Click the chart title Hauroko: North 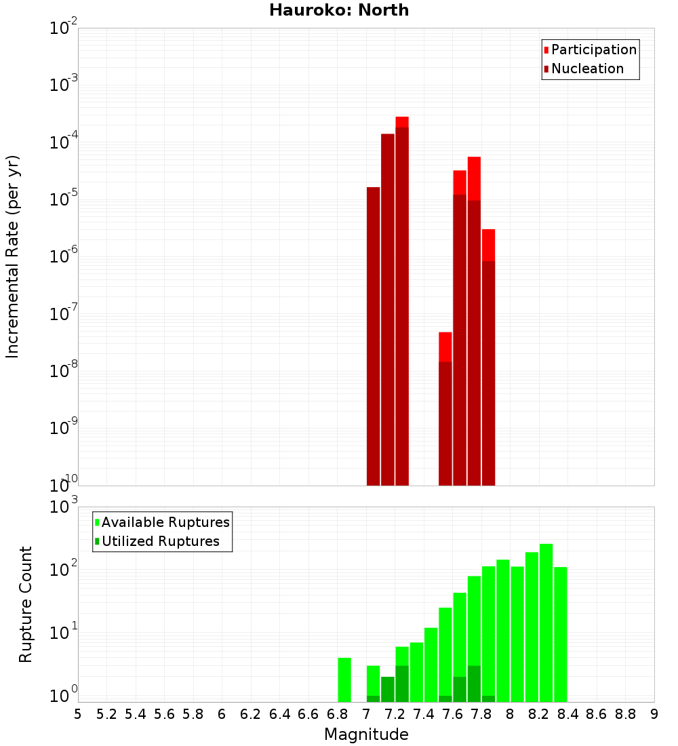[x=339, y=10]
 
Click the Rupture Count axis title [x=26, y=604]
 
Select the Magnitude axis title [x=366, y=734]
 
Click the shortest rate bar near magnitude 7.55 [x=445, y=407]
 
